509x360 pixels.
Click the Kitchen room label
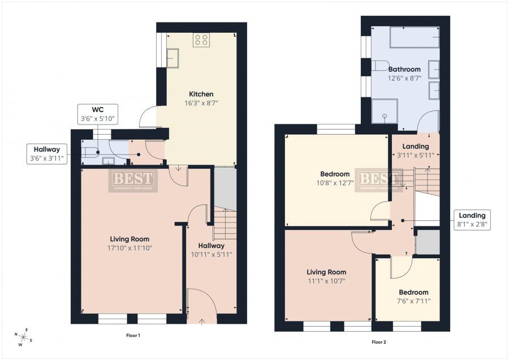click(x=201, y=94)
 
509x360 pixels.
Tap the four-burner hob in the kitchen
click(x=201, y=40)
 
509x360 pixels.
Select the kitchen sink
click(x=172, y=58)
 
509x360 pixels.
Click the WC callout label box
click(x=98, y=114)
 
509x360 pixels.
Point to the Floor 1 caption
click(x=133, y=335)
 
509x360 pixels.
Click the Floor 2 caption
click(x=379, y=342)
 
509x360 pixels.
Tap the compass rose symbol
click(x=23, y=337)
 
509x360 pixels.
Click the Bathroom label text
click(x=404, y=69)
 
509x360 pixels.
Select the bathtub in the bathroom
click(x=415, y=37)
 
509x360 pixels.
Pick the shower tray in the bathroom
click(x=385, y=111)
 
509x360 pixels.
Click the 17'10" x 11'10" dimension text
click(x=130, y=248)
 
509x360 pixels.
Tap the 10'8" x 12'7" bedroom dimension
click(x=335, y=183)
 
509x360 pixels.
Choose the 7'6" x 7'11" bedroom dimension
click(x=414, y=301)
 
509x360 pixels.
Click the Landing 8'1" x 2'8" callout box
click(x=472, y=220)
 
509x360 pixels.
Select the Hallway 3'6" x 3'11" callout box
click(x=47, y=154)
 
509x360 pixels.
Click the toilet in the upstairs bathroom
click(x=379, y=66)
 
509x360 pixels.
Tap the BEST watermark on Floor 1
click(x=133, y=181)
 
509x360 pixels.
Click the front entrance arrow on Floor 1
click(x=202, y=322)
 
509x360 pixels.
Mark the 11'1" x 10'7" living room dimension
click(x=326, y=281)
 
